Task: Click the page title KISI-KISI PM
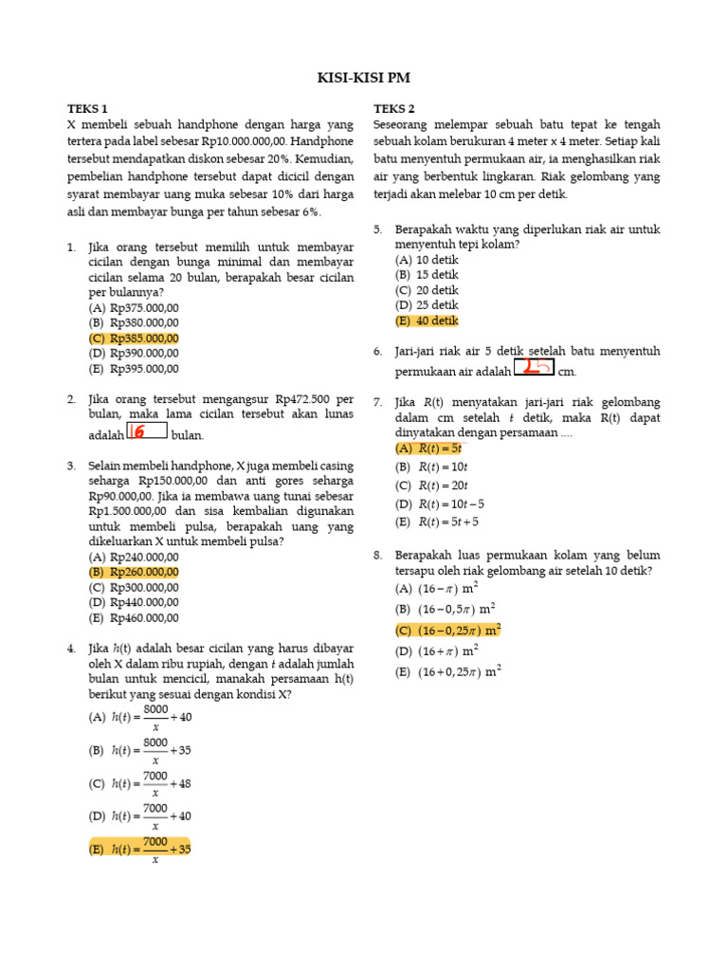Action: click(x=364, y=78)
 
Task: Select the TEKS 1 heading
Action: click(x=87, y=109)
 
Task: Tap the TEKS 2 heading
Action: click(x=393, y=109)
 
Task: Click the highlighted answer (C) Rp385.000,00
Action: click(x=134, y=339)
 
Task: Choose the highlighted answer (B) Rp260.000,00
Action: click(x=134, y=572)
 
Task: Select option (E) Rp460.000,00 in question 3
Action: click(x=134, y=617)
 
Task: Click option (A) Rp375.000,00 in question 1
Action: click(x=134, y=308)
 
